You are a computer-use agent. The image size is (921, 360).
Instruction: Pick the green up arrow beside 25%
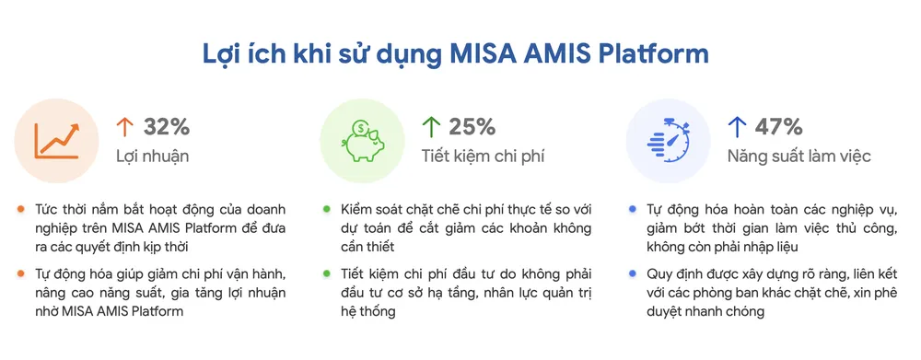coord(430,126)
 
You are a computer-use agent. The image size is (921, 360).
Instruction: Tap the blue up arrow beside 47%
coord(737,126)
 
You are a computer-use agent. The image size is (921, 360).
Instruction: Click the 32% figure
coord(167,126)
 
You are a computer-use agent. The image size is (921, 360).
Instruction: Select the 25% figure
coord(472,126)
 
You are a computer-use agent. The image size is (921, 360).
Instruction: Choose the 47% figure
coord(779,126)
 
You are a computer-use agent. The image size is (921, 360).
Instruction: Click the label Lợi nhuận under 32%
coord(153,156)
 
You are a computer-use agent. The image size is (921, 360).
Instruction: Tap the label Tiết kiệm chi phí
coord(483,156)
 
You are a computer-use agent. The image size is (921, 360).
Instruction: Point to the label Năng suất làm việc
coord(799,156)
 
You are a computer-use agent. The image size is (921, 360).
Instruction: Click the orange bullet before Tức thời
coord(20,209)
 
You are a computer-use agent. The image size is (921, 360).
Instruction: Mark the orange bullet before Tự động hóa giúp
coord(20,273)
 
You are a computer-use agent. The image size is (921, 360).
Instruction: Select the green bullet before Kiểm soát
coord(326,209)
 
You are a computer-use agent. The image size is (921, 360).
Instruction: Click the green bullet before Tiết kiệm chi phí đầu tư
coord(326,273)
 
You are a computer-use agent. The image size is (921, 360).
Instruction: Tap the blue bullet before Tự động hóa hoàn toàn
coord(632,209)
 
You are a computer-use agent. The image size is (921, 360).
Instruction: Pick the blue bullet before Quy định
coord(632,273)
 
